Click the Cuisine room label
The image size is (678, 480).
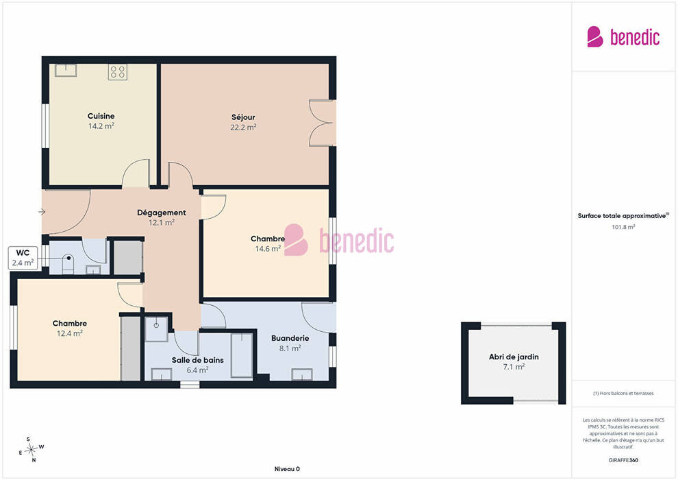click(101, 116)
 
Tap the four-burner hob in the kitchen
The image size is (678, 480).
click(118, 72)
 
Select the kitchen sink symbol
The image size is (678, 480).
click(66, 70)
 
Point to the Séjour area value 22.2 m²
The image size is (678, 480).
click(243, 128)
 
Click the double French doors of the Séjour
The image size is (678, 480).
click(323, 123)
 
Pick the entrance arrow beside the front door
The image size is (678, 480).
click(42, 212)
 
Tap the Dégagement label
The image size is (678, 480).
click(162, 213)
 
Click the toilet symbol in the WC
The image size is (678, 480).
click(68, 264)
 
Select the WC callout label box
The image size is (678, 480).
click(23, 258)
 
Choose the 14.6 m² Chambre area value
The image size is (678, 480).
click(268, 249)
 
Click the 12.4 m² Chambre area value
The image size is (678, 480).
click(70, 334)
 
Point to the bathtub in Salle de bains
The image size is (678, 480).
click(242, 355)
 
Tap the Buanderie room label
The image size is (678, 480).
click(290, 338)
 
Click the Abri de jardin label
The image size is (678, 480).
click(514, 357)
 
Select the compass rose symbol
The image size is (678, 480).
click(31, 450)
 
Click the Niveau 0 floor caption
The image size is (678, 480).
click(287, 469)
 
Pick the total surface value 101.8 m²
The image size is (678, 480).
click(623, 227)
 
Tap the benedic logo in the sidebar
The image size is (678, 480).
click(623, 37)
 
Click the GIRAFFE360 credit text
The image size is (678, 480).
click(623, 460)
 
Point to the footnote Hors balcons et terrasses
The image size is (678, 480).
click(623, 394)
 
